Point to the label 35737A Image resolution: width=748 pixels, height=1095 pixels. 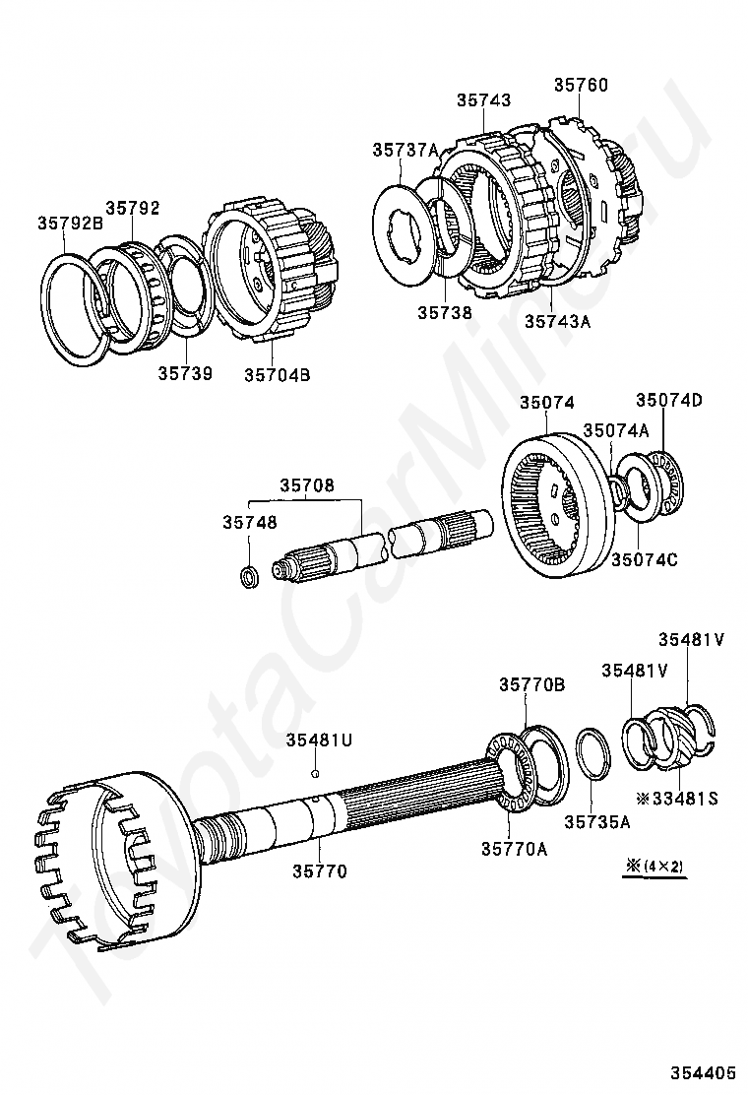tap(405, 150)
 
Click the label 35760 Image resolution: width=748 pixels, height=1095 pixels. tap(581, 85)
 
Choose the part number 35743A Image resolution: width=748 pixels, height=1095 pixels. tap(557, 320)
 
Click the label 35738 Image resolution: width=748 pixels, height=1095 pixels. tap(444, 312)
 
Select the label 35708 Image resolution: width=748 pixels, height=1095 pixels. tap(306, 484)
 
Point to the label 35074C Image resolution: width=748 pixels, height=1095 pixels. tap(645, 560)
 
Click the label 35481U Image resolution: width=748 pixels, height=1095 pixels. tap(319, 740)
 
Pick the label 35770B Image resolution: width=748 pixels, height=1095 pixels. tap(531, 684)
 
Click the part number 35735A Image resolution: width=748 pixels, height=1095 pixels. tap(596, 820)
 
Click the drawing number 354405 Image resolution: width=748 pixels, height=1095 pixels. tap(704, 1071)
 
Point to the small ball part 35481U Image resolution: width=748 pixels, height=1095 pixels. tap(314, 774)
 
